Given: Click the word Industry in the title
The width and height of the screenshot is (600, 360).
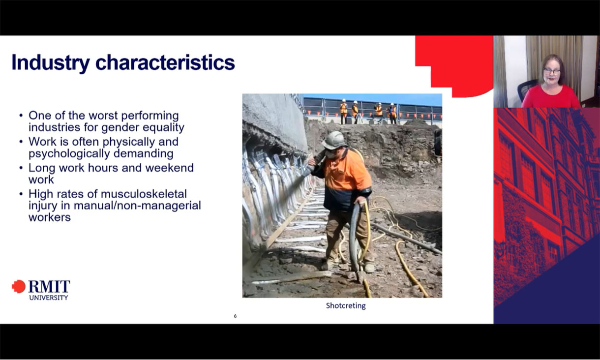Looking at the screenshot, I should [50, 63].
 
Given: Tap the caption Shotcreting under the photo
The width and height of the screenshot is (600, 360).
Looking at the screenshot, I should [346, 305].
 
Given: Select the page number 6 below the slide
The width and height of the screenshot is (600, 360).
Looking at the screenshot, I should [235, 316].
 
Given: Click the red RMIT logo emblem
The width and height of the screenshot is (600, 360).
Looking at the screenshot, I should [19, 287].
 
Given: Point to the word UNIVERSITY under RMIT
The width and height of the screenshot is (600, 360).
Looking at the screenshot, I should [49, 298].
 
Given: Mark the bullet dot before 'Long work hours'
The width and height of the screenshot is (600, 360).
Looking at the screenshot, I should [21, 168].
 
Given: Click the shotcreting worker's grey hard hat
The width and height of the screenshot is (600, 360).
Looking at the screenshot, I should [334, 140].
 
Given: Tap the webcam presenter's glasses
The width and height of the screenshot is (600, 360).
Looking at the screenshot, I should [552, 72].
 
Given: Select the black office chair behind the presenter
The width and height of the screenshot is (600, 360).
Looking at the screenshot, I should [526, 89].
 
